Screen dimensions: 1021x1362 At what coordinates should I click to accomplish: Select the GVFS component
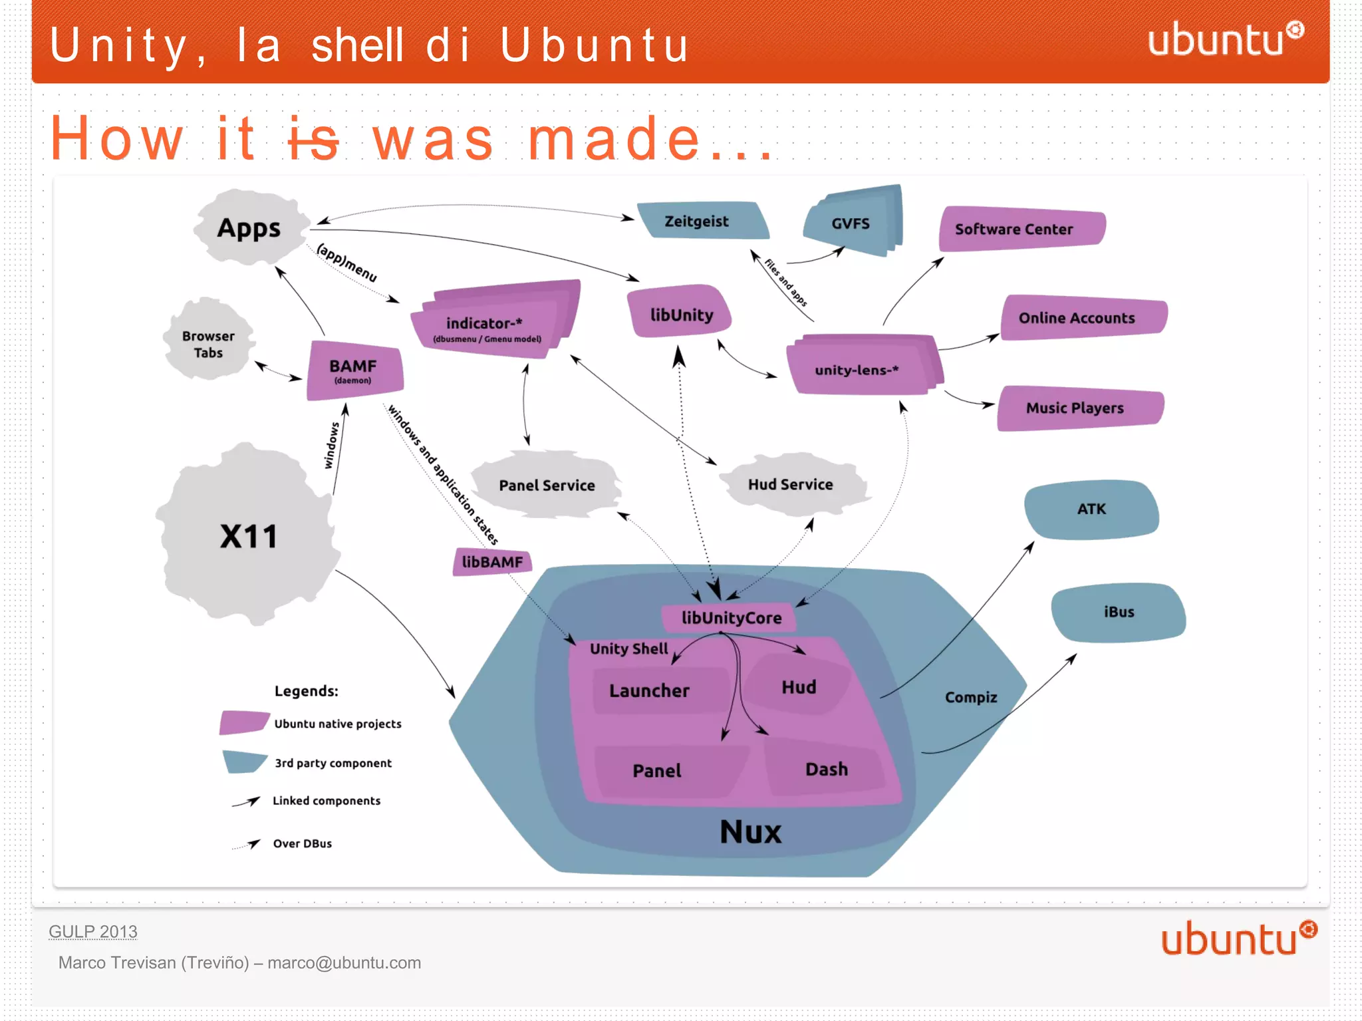(x=851, y=223)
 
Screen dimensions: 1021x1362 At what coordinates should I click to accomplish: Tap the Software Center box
(x=1018, y=229)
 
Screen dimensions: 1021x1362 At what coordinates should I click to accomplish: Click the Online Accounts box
(x=1080, y=318)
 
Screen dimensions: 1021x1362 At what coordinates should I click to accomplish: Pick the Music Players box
(x=1077, y=408)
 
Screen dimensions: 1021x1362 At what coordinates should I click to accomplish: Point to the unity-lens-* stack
(x=858, y=369)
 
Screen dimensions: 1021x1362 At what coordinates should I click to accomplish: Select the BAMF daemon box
(x=354, y=370)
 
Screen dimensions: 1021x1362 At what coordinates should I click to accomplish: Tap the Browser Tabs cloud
(x=209, y=344)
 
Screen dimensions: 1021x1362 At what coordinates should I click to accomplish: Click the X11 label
(x=249, y=536)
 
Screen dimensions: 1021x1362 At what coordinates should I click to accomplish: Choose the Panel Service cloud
(x=547, y=485)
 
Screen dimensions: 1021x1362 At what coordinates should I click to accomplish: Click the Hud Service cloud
(x=790, y=484)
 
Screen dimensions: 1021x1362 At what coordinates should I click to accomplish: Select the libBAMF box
(x=492, y=562)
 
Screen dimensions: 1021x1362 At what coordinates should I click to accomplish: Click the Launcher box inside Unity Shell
(x=650, y=690)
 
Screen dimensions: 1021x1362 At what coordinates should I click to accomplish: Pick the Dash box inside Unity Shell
(x=826, y=770)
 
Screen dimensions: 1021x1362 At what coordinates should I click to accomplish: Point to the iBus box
(x=1119, y=612)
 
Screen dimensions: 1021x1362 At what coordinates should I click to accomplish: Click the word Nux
(x=750, y=831)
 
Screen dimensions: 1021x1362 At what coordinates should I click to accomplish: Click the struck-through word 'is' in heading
(x=313, y=139)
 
